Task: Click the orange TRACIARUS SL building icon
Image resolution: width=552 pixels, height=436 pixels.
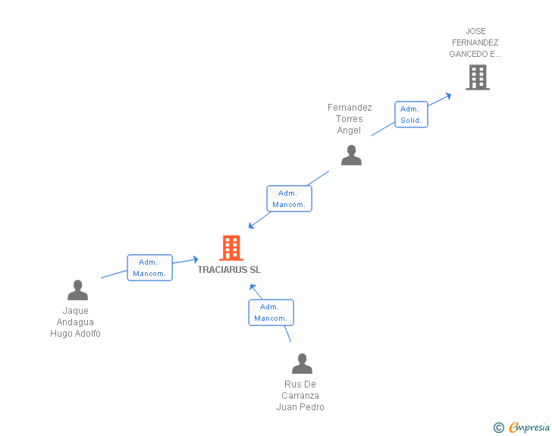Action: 231,248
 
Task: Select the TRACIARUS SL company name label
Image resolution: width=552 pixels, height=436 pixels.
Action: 229,269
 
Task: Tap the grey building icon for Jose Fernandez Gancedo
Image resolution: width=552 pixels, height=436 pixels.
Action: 477,77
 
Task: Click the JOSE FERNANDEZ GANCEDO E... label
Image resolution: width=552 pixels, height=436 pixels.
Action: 475,43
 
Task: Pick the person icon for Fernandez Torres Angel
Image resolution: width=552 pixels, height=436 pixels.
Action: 351,155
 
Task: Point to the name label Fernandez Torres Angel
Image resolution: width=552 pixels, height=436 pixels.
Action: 350,119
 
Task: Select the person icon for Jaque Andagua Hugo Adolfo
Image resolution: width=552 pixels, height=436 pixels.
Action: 77,290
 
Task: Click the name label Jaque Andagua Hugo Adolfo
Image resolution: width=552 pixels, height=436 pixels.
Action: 76,322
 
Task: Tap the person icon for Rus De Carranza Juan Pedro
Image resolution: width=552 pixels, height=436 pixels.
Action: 302,364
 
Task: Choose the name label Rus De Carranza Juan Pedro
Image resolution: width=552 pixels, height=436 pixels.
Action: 300,396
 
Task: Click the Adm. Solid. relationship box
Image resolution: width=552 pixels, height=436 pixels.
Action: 411,114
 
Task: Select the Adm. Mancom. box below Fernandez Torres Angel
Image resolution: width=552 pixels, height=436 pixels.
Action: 289,199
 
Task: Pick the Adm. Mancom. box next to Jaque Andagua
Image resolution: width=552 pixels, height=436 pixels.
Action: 149,268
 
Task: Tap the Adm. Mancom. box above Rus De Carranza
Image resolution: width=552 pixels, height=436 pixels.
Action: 271,312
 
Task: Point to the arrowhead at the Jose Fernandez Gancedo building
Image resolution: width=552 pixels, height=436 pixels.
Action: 448,96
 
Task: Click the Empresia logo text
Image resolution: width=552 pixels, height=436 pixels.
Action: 529,428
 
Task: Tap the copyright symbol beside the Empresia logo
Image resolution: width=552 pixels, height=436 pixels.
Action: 499,428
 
